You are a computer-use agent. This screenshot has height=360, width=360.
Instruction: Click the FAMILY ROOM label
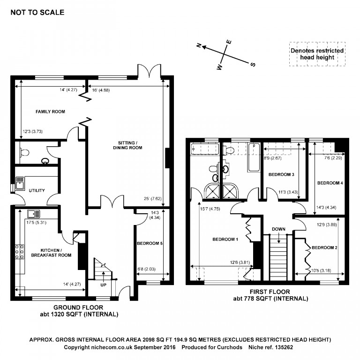pyautogui.click(x=50, y=112)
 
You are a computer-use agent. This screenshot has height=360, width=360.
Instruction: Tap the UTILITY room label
pyautogui.click(x=37, y=190)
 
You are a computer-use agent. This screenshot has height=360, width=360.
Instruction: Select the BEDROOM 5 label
pyautogui.click(x=150, y=243)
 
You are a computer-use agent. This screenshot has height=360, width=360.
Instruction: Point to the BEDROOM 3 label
pyautogui.click(x=281, y=174)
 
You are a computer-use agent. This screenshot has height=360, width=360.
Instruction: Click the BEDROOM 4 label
pyautogui.click(x=330, y=183)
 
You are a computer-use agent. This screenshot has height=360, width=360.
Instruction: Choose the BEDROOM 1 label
pyautogui.click(x=225, y=239)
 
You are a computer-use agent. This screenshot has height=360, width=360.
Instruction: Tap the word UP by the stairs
pyautogui.click(x=103, y=285)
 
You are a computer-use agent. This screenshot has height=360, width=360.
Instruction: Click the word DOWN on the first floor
pyautogui.click(x=278, y=229)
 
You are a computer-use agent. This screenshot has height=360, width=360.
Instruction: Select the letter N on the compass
pyautogui.click(x=199, y=45)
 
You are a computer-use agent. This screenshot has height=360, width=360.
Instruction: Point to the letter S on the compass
pyautogui.click(x=253, y=65)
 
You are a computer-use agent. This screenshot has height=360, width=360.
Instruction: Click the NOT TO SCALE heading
pyautogui.click(x=37, y=12)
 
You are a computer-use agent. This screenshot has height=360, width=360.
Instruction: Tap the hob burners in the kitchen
pyautogui.click(x=20, y=252)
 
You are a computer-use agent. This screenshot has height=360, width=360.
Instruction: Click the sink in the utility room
pyautogui.click(x=20, y=183)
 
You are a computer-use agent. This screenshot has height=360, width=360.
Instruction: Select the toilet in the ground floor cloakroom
pyautogui.click(x=24, y=152)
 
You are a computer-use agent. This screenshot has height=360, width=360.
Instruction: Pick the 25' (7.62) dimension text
pyautogui.click(x=153, y=199)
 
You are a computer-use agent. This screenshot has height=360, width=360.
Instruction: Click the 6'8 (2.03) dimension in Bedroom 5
pyautogui.click(x=146, y=269)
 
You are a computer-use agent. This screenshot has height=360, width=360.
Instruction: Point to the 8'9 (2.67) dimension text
pyautogui.click(x=272, y=158)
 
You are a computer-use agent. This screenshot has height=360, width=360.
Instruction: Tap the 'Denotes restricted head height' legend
pyautogui.click(x=317, y=54)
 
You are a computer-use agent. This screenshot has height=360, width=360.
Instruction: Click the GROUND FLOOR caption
pyautogui.click(x=78, y=307)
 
